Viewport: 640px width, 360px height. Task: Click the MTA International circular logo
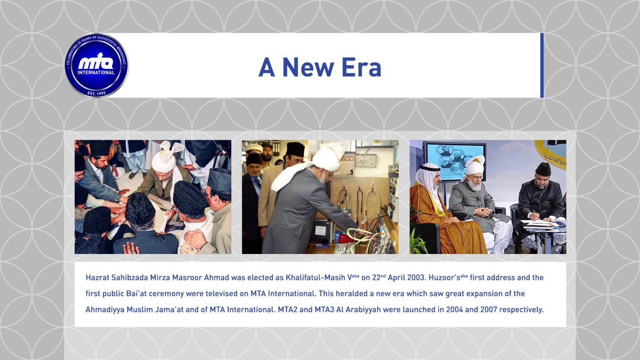[x=96, y=65]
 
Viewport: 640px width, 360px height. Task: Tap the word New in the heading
[x=308, y=67]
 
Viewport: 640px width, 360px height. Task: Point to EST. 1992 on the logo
[x=96, y=93]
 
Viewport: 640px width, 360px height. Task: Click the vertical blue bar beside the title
[x=542, y=65]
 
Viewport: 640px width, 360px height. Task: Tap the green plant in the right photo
[x=418, y=243]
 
